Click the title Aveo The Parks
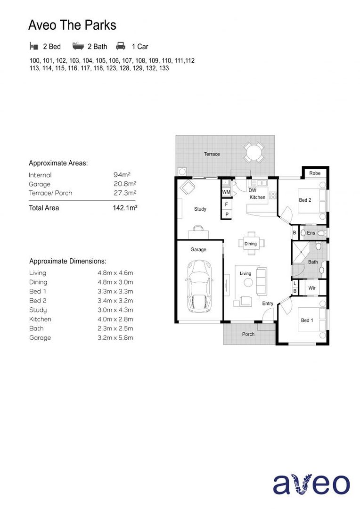pos(72,25)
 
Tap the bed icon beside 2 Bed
pos(33,46)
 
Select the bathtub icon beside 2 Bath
pos(78,46)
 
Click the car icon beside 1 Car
pos(121,46)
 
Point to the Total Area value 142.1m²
pos(125,208)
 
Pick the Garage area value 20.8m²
pos(125,184)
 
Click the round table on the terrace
pos(254,152)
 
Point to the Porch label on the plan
pos(248,334)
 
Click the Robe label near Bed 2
pos(315,173)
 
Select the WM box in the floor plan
pos(226,192)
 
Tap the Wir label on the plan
pos(312,287)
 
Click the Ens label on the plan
pos(311,233)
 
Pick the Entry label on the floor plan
pos(268,304)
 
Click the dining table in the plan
pos(251,243)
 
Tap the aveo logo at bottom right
pos(311,484)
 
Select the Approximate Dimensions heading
pos(67,261)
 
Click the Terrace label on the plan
pos(212,154)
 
